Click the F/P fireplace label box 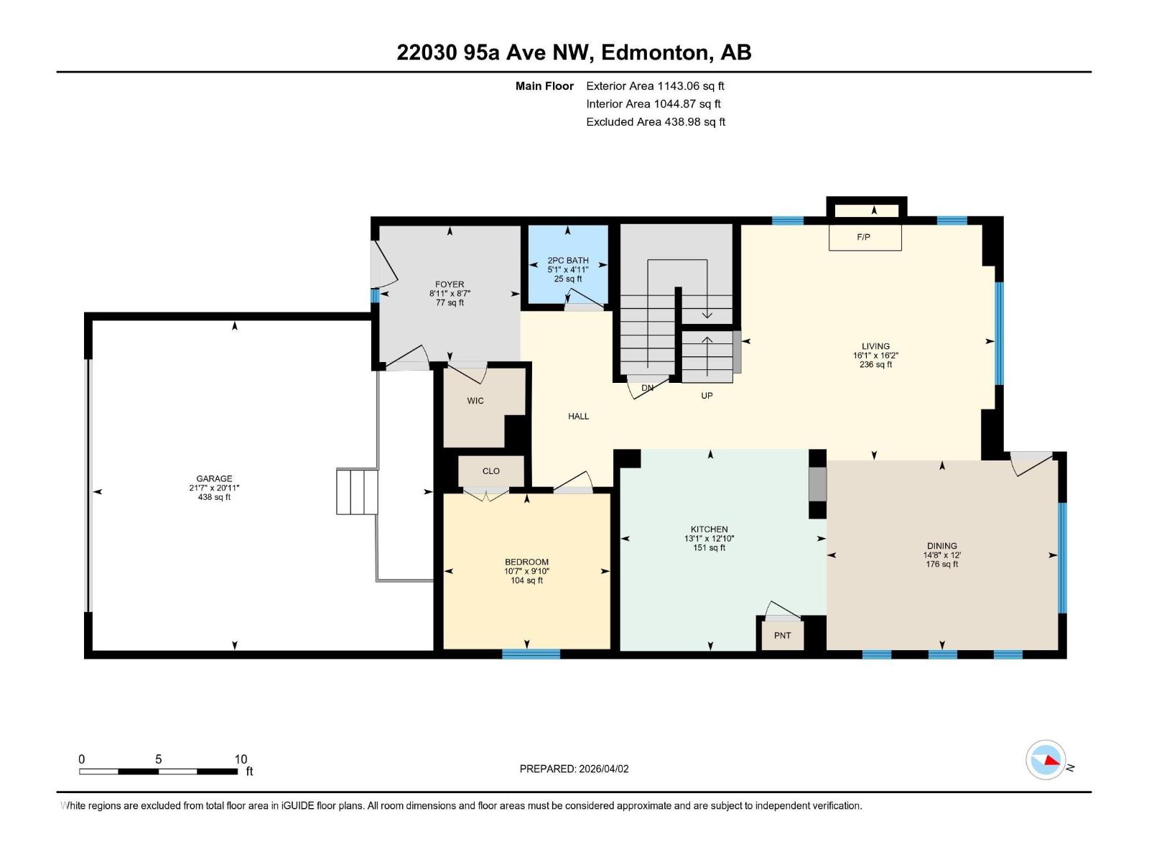tap(865, 237)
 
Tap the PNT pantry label tap(782, 636)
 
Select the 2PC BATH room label tap(567, 261)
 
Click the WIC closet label tap(475, 401)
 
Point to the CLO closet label tap(491, 471)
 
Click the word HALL tap(578, 416)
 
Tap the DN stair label tap(647, 388)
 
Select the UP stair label tap(707, 396)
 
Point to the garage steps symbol tap(357, 491)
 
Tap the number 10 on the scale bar tap(241, 759)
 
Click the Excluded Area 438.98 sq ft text tap(655, 122)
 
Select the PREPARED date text tap(574, 769)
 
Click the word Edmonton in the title tap(655, 52)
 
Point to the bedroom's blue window tap(531, 654)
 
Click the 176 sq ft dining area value tap(941, 565)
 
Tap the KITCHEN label tap(709, 529)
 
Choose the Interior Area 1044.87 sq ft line tap(653, 104)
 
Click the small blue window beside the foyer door tap(375, 295)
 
